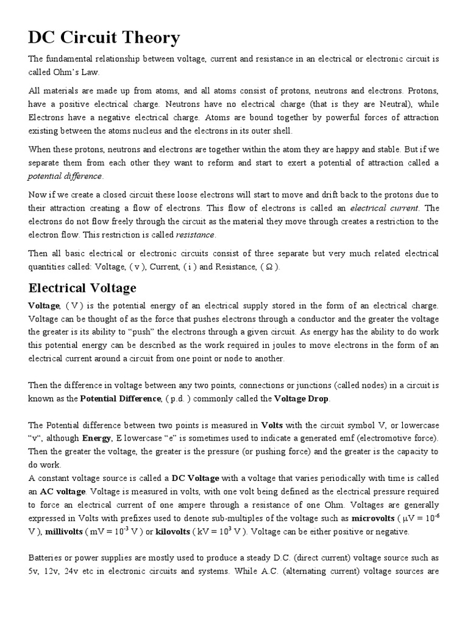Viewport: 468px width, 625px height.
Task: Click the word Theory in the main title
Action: (x=150, y=38)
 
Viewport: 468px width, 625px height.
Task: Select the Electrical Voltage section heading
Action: (x=82, y=288)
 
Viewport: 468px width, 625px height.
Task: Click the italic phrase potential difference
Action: (x=65, y=176)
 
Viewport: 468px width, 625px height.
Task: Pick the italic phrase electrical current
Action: (x=377, y=208)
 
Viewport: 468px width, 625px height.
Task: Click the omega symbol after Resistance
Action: (x=271, y=267)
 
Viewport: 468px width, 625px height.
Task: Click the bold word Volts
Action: (x=272, y=425)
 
